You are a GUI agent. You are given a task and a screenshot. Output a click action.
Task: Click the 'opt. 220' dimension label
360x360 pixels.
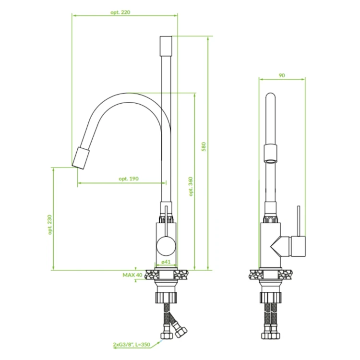(120, 12)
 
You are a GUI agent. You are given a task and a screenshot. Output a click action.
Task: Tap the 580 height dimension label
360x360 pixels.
(204, 146)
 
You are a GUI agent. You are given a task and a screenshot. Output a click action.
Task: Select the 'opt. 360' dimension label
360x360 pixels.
(191, 186)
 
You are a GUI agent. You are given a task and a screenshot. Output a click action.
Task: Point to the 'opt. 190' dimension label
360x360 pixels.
(129, 179)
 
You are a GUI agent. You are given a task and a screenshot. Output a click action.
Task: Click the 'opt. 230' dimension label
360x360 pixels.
(50, 225)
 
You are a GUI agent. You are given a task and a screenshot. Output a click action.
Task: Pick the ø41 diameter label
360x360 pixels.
(166, 262)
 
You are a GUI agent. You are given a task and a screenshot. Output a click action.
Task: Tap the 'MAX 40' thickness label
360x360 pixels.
(132, 275)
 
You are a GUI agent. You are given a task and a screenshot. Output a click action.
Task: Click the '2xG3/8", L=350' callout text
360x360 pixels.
(132, 344)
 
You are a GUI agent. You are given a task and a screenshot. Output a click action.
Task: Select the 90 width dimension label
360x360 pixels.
(282, 75)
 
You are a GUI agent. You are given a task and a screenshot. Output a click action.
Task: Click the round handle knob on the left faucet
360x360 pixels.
(166, 246)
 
